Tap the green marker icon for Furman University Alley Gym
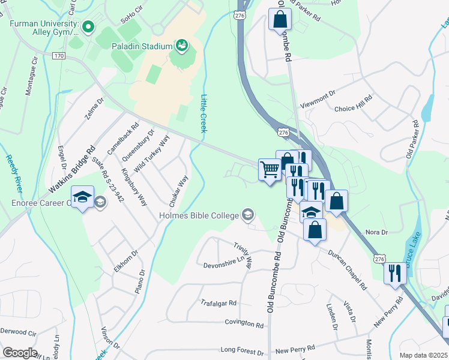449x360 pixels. [88, 26]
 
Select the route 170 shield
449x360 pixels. [58, 56]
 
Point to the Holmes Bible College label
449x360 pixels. [199, 215]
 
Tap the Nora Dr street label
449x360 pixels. [376, 232]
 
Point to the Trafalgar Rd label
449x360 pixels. [218, 304]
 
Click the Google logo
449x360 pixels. [20, 352]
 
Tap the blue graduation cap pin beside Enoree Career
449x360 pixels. [82, 197]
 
